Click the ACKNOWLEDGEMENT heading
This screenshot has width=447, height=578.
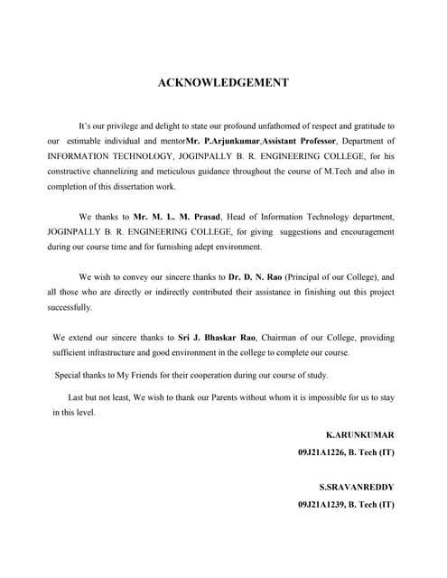click(223, 82)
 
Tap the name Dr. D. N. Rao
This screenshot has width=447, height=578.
click(255, 277)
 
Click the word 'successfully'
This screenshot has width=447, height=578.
click(70, 308)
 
